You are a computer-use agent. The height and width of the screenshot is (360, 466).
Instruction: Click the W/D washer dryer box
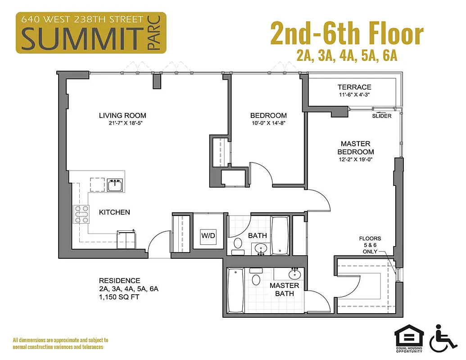(208, 235)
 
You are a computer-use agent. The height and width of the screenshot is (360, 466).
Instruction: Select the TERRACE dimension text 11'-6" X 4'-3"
(354, 95)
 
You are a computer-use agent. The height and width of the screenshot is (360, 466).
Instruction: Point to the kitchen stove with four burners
(81, 214)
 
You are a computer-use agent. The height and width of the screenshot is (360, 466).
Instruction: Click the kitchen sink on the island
(116, 184)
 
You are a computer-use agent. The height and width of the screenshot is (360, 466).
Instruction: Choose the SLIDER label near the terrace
(382, 116)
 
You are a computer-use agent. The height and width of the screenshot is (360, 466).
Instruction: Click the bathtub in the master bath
(235, 290)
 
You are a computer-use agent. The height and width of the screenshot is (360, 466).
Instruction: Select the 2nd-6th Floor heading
(347, 34)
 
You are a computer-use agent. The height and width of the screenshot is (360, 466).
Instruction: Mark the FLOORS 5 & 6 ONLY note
(370, 245)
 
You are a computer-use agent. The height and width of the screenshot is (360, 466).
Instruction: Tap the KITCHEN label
(115, 212)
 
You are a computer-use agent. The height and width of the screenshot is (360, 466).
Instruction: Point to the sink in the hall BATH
(261, 248)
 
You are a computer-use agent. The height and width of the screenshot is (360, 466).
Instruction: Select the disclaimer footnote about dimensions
(60, 343)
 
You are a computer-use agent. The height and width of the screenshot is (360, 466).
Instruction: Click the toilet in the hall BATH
(237, 243)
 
